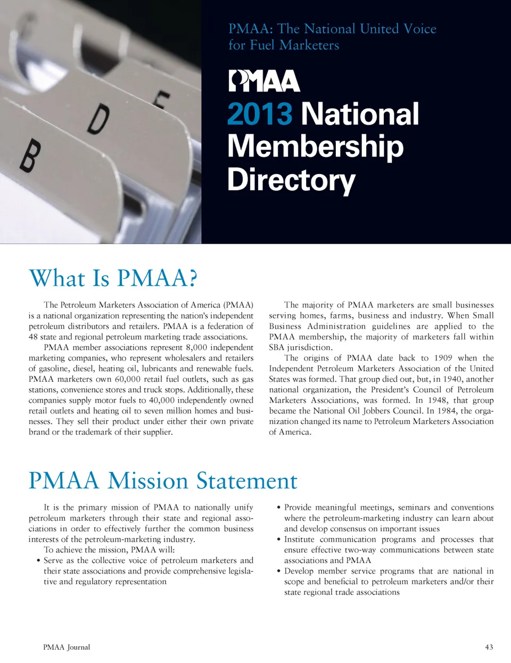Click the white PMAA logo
coord(265,81)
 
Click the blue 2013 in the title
coord(260,114)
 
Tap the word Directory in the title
coord(291,180)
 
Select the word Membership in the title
coord(315,146)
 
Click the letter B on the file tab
coord(30,155)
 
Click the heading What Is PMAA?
coord(113,278)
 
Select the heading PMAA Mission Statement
coord(163,480)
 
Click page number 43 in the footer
coord(489,647)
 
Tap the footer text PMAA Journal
coord(67,647)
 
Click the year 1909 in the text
coord(443,358)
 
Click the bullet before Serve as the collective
coord(39,561)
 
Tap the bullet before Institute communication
coord(279,539)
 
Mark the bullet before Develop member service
coord(279,571)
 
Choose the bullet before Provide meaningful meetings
coord(279,508)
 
